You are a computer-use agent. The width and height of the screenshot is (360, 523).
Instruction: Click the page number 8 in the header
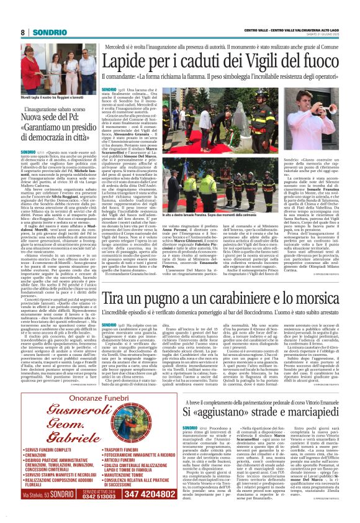click(23, 31)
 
